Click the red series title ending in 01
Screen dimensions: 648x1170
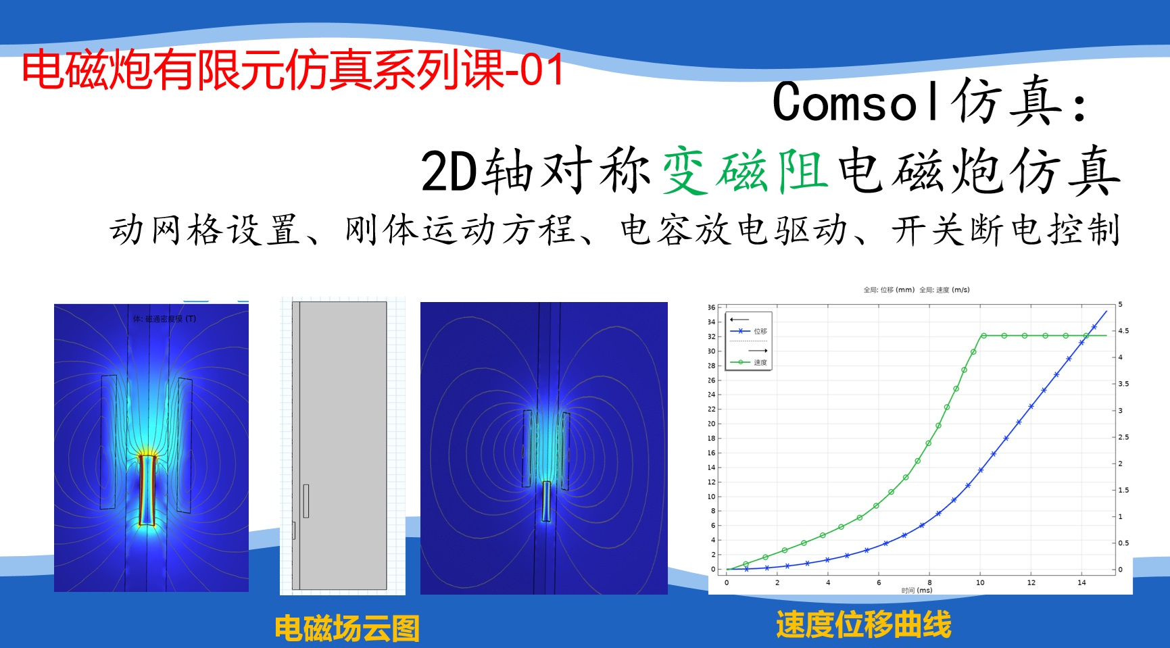tap(293, 71)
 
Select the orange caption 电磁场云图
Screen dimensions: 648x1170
tap(347, 628)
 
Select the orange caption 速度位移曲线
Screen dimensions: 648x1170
tap(863, 624)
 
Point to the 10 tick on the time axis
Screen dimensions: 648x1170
tap(980, 582)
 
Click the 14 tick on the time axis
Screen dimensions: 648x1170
tap(1081, 582)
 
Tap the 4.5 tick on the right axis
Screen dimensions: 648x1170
tap(1123, 331)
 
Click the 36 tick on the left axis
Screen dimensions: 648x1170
tap(711, 307)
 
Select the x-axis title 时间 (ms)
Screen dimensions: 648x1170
tap(917, 591)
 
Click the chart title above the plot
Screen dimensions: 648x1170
tap(916, 290)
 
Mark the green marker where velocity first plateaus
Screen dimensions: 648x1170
tap(983, 336)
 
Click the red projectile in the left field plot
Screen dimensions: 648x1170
tap(147, 490)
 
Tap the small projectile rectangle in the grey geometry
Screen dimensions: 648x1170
tap(306, 501)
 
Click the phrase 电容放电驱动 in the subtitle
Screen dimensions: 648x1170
tap(733, 230)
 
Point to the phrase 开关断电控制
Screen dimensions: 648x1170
tap(1005, 230)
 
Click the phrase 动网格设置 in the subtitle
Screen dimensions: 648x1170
tap(205, 230)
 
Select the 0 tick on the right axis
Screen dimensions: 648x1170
tap(1120, 570)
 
